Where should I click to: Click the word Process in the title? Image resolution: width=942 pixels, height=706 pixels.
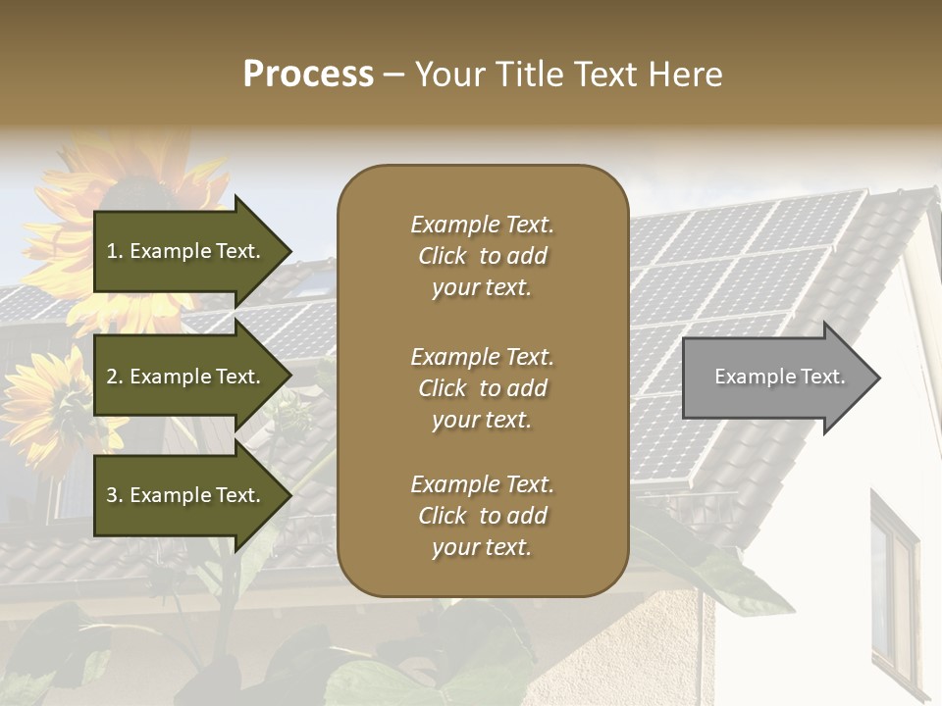tap(308, 75)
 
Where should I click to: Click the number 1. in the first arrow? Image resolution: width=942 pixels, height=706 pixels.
tap(115, 251)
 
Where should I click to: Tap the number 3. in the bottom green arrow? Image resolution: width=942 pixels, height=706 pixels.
tap(115, 495)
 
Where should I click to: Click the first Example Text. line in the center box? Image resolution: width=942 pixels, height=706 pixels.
tap(482, 225)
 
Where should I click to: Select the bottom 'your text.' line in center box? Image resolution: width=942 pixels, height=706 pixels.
tap(482, 547)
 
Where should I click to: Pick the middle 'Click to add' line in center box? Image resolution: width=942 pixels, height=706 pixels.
tap(482, 388)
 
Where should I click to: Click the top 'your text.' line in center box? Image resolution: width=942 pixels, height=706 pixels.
tap(482, 287)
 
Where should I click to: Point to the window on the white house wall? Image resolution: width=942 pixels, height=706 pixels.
tap(893, 588)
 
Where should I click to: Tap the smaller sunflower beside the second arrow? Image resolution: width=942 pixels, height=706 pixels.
tap(54, 402)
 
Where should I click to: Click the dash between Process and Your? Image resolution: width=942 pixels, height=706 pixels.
tap(394, 75)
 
